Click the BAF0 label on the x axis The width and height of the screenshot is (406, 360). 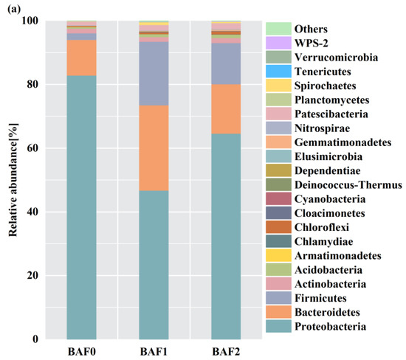tap(92, 351)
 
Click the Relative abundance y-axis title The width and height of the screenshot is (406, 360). tap(13, 179)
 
